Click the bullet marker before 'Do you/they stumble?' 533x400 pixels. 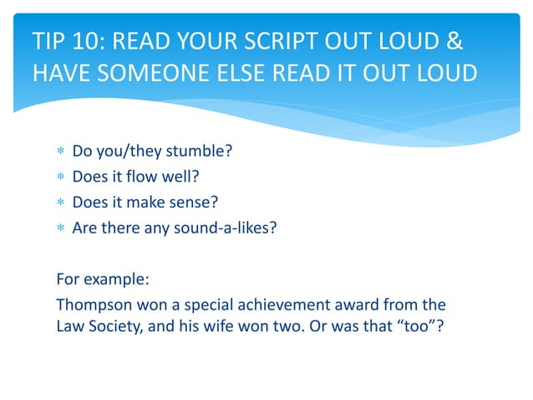[x=59, y=153]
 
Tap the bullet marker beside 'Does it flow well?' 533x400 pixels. [x=59, y=177]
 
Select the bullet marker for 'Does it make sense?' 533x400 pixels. [x=59, y=202]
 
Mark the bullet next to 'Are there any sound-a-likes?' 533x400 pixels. [x=59, y=226]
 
